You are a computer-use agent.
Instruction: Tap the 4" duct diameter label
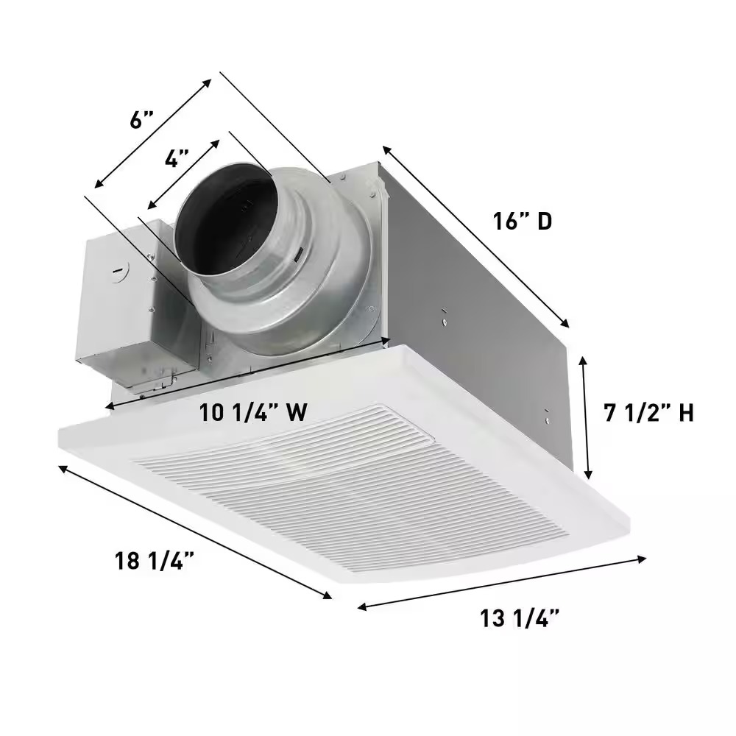(177, 159)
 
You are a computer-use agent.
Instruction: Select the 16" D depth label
(522, 220)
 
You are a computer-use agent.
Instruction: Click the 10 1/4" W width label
(252, 413)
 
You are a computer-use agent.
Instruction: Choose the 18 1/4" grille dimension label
(155, 561)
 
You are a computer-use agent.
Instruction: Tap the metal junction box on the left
(118, 309)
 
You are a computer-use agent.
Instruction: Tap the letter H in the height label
(685, 414)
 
